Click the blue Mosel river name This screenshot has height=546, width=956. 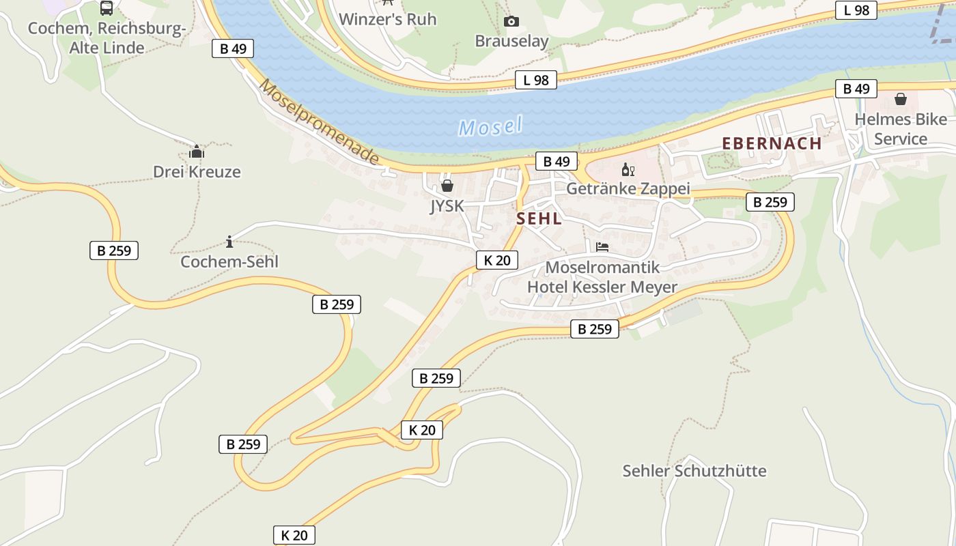point(490,126)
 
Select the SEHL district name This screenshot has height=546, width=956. point(539,218)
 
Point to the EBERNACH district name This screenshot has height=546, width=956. point(772,143)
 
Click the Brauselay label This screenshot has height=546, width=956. point(511,41)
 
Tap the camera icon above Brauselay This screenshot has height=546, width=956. point(511,22)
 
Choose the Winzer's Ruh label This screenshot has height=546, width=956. point(387,19)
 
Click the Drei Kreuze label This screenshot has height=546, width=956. point(197,171)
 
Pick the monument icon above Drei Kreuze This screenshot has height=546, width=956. point(197,152)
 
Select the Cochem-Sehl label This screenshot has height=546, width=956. point(229,261)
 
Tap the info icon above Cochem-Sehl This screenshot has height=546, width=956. point(229,242)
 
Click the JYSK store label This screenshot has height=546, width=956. point(447,205)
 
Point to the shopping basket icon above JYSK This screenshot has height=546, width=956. point(447,185)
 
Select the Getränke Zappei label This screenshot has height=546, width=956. point(628,188)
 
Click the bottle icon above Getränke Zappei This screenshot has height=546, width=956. point(628,169)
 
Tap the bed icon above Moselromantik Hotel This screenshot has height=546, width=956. point(602,247)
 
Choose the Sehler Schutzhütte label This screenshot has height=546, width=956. point(694,471)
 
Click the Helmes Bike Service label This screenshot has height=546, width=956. point(901,129)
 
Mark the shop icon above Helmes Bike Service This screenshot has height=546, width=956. point(901,100)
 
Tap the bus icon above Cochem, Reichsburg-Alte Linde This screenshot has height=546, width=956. point(107,8)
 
